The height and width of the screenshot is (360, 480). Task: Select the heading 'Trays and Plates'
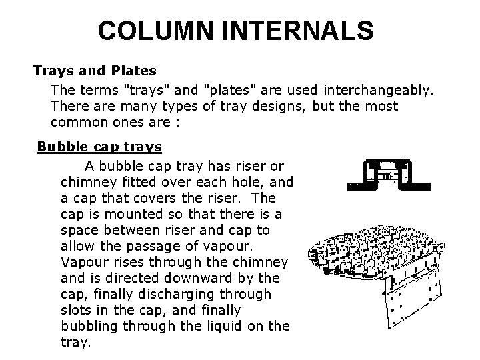pos(95,70)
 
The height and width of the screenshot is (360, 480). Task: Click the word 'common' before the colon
pos(75,123)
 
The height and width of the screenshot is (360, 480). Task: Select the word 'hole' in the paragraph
pos(243,181)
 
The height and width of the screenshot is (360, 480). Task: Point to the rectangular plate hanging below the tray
pos(413,313)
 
